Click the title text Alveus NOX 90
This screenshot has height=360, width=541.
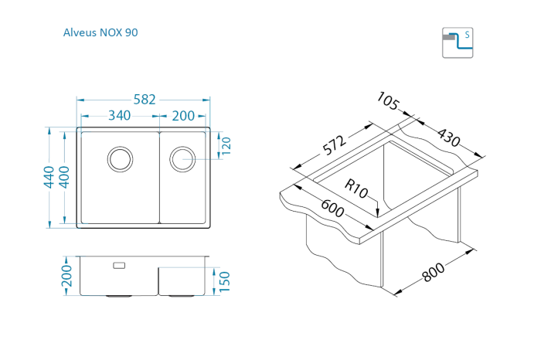[x=100, y=33]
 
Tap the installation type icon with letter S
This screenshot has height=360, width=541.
[x=457, y=42]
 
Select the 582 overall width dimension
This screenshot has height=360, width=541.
[x=145, y=100]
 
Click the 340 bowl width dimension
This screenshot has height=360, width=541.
[x=118, y=116]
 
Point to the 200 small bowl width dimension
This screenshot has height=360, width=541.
[x=183, y=116]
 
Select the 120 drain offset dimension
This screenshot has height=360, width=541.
[x=226, y=145]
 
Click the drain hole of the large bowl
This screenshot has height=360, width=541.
[x=120, y=158]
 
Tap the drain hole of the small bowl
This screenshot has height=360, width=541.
[x=183, y=158]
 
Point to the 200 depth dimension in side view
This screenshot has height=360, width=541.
[x=66, y=276]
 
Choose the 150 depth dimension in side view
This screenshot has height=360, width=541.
[x=225, y=282]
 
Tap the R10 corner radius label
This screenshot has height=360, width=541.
[x=356, y=188]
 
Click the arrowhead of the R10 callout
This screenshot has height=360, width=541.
[x=376, y=213]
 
